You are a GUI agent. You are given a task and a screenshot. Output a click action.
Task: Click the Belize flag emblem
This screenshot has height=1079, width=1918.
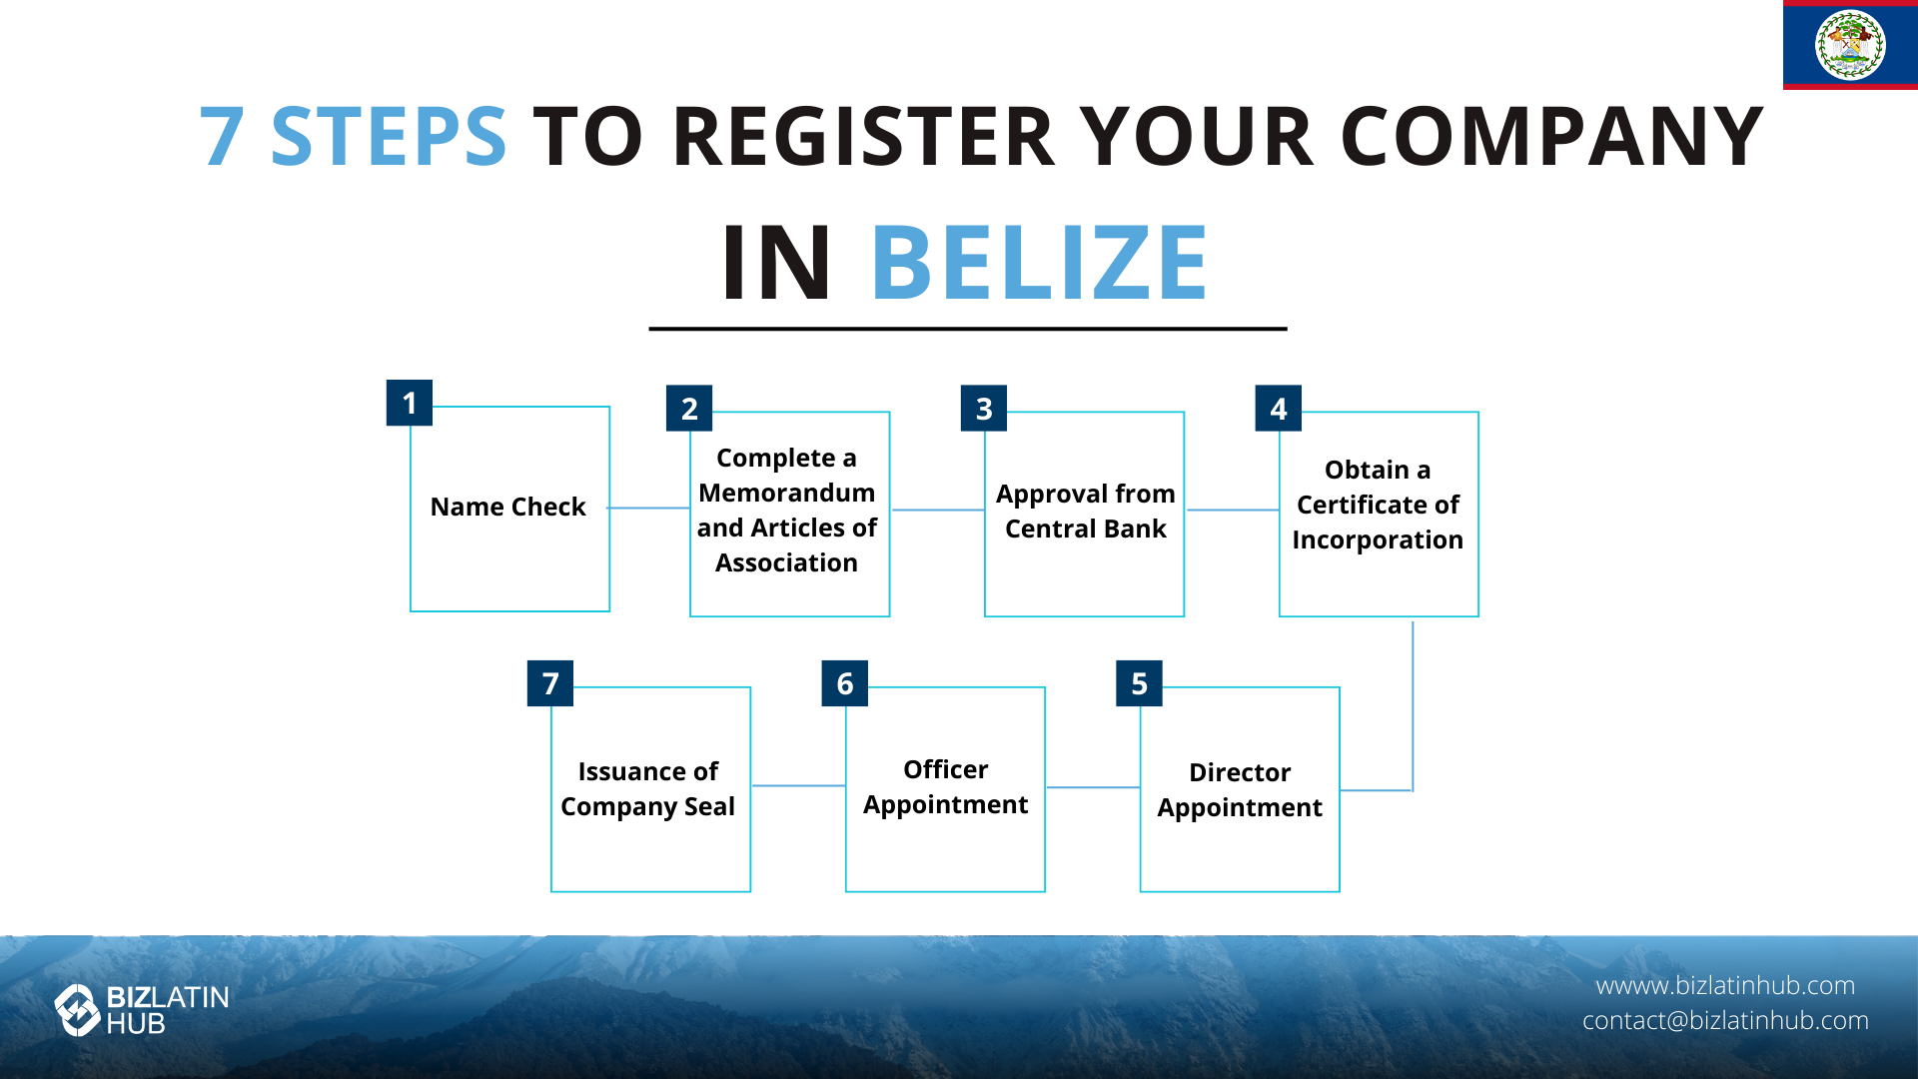(x=1850, y=45)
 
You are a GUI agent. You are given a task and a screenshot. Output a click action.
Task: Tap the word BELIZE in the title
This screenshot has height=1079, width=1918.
(x=1040, y=263)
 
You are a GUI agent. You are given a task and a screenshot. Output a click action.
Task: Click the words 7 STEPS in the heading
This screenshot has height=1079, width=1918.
(x=354, y=136)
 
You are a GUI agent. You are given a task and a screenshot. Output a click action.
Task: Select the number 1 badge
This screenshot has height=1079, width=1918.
(x=410, y=403)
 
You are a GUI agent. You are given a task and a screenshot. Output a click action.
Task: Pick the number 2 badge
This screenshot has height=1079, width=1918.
(x=689, y=408)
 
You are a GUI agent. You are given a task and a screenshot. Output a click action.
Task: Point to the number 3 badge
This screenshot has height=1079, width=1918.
(x=984, y=408)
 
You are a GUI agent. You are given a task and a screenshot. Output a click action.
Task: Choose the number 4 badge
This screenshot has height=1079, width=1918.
(x=1279, y=408)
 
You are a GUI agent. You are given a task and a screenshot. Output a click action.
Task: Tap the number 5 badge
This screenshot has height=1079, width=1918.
(x=1139, y=683)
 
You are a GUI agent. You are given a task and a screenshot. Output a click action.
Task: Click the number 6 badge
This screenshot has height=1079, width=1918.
(x=845, y=683)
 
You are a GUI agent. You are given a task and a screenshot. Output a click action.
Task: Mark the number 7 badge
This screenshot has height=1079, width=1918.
(x=550, y=683)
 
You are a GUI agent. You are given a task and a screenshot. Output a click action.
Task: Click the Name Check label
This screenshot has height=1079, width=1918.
(x=507, y=507)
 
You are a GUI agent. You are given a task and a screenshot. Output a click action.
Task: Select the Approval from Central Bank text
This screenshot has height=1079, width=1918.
(x=1086, y=512)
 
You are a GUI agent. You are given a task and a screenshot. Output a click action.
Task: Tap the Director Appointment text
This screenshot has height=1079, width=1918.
(x=1240, y=789)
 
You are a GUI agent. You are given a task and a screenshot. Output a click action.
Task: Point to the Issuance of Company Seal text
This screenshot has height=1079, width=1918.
(x=648, y=788)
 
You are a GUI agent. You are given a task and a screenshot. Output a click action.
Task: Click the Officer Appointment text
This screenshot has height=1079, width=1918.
(x=946, y=786)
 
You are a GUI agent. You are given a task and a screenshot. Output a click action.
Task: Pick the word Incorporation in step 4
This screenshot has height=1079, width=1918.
(x=1378, y=540)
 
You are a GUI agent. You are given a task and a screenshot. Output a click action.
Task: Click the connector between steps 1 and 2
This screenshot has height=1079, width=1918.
(x=649, y=509)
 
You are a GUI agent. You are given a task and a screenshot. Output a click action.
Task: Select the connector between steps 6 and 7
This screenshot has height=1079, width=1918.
(x=798, y=785)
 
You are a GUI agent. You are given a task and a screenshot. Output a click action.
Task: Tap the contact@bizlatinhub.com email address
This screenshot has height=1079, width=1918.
(x=1725, y=1020)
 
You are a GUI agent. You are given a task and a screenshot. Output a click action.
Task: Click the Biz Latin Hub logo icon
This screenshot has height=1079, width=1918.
(x=77, y=1010)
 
